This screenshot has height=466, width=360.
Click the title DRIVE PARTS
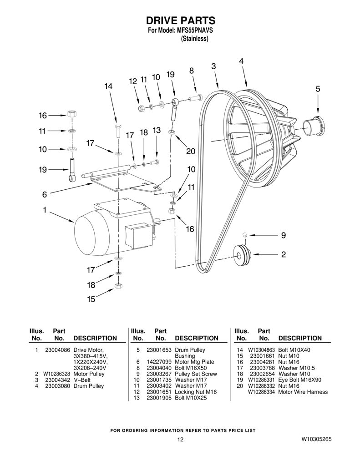click(180, 20)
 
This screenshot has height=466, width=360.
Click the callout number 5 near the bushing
click(318, 89)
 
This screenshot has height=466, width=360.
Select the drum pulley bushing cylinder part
click(314, 127)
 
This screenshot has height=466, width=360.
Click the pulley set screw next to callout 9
click(245, 235)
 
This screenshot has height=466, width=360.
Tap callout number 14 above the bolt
click(108, 86)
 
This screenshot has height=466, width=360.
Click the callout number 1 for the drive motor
click(45, 210)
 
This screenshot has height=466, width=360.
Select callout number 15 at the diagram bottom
click(91, 299)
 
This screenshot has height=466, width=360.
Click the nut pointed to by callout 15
click(118, 286)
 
